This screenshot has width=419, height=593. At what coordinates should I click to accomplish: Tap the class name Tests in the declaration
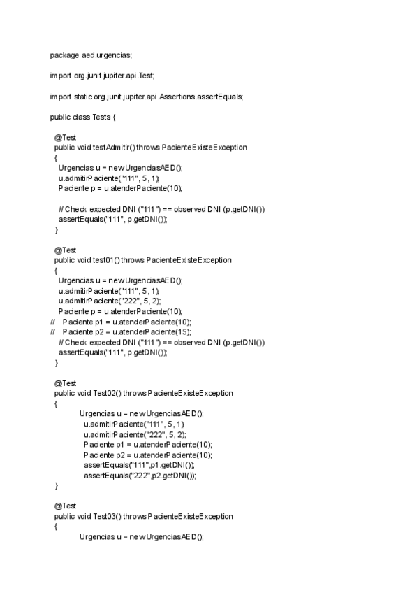[101, 116]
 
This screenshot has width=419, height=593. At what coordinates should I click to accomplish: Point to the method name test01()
[106, 259]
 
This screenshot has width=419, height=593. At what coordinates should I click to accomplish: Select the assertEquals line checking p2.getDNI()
[140, 476]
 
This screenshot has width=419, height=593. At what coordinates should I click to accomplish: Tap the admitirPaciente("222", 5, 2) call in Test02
[135, 434]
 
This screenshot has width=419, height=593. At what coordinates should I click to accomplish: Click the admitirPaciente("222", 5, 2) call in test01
[110, 301]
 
